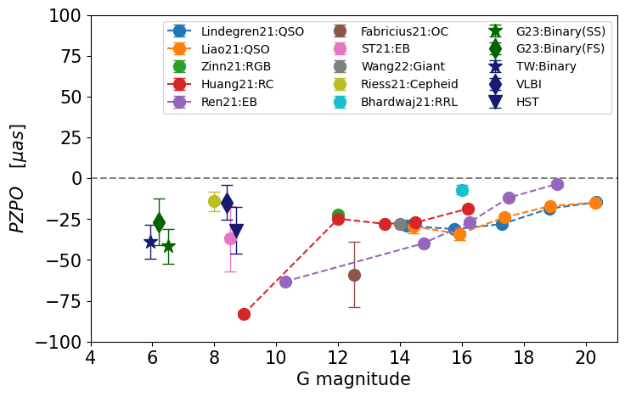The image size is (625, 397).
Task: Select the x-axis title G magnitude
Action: [353, 379]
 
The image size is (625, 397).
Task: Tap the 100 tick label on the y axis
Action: [65, 15]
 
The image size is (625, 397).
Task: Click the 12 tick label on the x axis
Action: [338, 357]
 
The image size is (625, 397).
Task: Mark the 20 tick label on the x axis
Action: [586, 357]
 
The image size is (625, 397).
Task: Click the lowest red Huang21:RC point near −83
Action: [245, 314]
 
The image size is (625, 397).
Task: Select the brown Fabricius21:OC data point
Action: [354, 275]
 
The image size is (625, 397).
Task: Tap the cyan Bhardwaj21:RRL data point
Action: [462, 190]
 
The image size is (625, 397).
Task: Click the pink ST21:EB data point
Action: [230, 238]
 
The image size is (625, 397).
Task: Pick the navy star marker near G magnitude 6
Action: [151, 242]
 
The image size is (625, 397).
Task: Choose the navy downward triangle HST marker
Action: [236, 231]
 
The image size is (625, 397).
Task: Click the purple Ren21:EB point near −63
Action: [286, 282]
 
